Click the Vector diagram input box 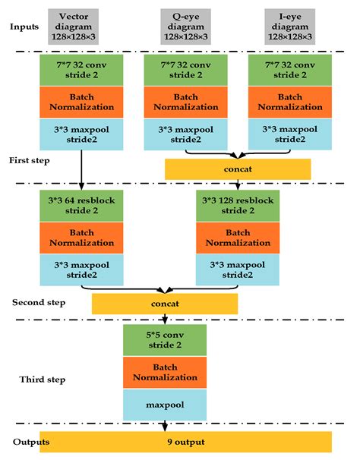tap(73, 27)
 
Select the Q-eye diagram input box tap(185, 27)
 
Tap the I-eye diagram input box tap(290, 27)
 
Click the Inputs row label tap(24, 27)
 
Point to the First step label tap(30, 160)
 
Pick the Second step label tap(39, 302)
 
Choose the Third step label tap(43, 380)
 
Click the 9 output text tap(186, 442)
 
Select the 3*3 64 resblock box tap(81, 206)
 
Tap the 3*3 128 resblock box tap(238, 206)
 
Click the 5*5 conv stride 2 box tap(165, 340)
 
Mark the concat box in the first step tap(238, 169)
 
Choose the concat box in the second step tap(165, 304)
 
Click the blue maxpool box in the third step tap(165, 405)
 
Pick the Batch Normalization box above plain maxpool tap(165, 373)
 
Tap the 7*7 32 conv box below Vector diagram tap(81, 70)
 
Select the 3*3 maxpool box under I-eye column tap(290, 134)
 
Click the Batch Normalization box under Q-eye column tap(185, 102)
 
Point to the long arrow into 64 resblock tap(81, 170)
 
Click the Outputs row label tap(31, 442)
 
